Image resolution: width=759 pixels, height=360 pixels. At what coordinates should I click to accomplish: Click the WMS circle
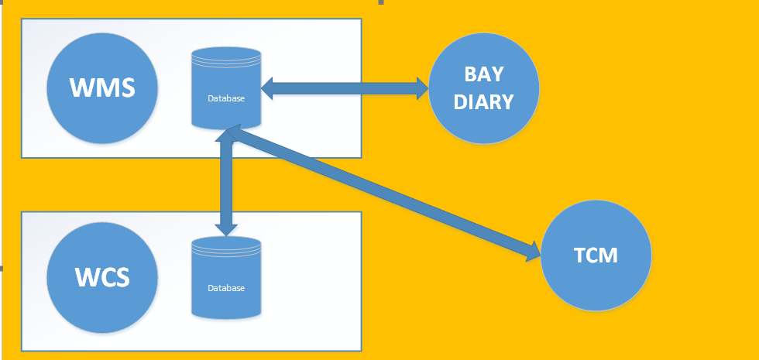point(102,87)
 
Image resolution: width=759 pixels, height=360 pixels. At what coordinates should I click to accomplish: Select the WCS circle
point(102,276)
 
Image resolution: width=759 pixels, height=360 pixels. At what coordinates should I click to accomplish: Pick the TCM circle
point(596,255)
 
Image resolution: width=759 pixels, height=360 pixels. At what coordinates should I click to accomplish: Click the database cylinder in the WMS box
point(226,87)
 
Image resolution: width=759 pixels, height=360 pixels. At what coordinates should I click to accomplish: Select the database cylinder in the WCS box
point(226,277)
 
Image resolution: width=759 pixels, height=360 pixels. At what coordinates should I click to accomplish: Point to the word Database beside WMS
point(226,98)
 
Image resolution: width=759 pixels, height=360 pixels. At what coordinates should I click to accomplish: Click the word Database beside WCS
point(226,288)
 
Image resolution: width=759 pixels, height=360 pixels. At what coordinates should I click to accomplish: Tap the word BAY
point(484,75)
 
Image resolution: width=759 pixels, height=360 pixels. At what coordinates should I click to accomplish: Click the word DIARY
point(484,101)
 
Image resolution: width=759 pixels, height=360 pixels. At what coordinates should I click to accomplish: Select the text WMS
point(102,87)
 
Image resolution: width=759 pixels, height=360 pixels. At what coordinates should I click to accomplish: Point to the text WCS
point(102,276)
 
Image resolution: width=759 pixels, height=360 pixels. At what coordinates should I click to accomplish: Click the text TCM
point(596,255)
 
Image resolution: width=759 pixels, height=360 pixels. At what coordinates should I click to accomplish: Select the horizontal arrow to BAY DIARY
point(345,88)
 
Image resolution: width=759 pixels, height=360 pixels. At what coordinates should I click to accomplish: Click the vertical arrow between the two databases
point(226,182)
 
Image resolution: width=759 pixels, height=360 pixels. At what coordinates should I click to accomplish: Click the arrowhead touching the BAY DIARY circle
point(422,88)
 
